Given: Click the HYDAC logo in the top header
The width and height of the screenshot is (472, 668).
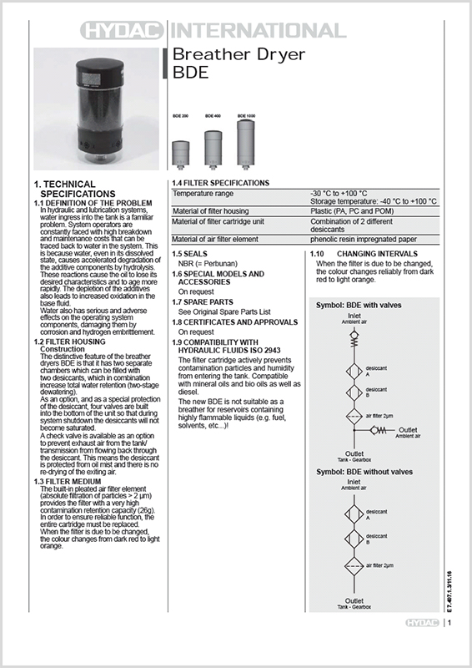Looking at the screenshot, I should click(x=124, y=32).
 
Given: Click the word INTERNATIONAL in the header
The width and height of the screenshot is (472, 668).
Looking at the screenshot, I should click(x=257, y=32).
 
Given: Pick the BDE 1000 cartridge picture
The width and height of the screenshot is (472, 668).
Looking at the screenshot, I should click(x=246, y=143).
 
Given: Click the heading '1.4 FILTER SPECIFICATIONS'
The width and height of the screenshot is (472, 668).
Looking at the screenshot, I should click(x=220, y=183).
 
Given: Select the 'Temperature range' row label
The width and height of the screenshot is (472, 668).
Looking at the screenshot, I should click(x=203, y=193).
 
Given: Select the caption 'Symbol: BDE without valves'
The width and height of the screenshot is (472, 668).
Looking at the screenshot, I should click(x=367, y=472).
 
